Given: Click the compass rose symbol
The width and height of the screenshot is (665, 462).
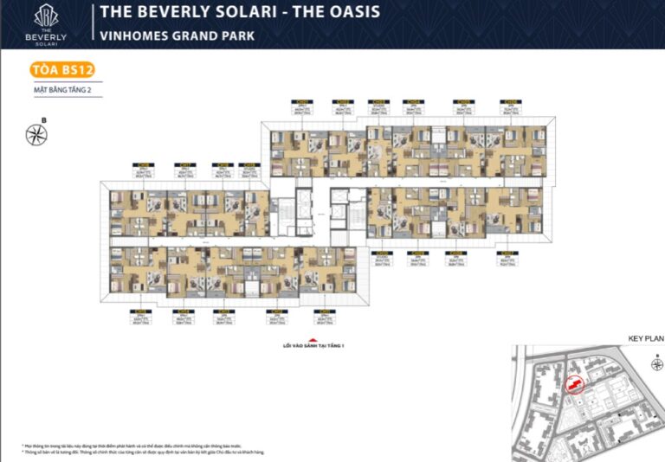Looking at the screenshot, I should tap(36, 133).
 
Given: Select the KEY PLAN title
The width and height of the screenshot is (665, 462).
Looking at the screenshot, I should tap(643, 339).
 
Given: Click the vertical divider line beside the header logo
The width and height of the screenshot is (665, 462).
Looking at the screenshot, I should tap(91, 24).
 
